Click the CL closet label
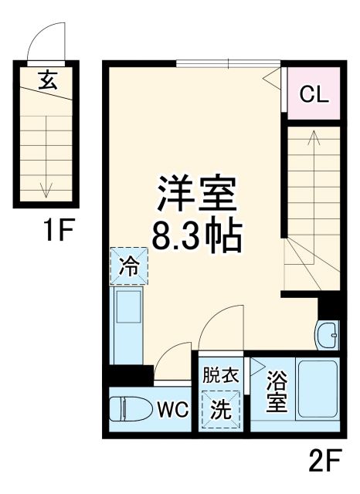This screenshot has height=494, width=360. (x=314, y=94)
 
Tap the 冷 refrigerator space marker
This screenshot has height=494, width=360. (x=130, y=267)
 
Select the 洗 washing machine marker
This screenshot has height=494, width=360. (x=221, y=410)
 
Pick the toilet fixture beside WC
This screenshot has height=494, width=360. (x=128, y=408)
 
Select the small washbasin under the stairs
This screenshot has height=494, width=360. (x=327, y=335)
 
